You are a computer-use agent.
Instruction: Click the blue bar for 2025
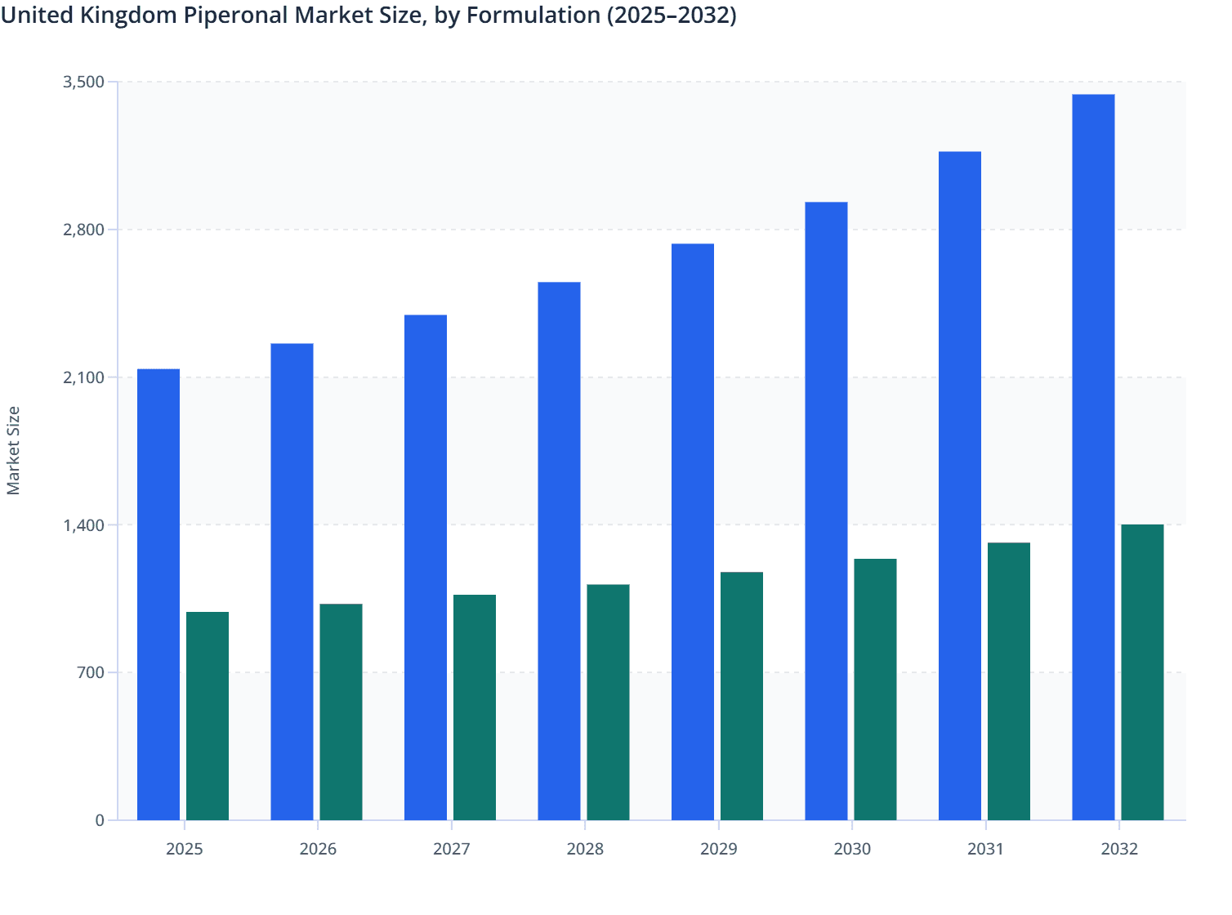(158, 595)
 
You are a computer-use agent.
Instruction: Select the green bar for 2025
(208, 716)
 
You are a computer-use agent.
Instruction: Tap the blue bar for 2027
(426, 568)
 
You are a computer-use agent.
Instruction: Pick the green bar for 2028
(609, 703)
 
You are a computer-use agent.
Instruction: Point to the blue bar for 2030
(826, 511)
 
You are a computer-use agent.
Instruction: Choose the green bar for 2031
(1009, 681)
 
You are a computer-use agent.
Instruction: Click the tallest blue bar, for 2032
(1093, 457)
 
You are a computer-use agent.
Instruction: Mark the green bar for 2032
(1142, 672)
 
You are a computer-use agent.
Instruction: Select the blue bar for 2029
(693, 532)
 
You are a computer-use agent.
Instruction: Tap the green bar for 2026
(341, 712)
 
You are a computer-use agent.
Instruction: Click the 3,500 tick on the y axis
(83, 82)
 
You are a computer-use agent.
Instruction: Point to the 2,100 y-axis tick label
(83, 377)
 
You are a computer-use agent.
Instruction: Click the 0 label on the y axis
(100, 820)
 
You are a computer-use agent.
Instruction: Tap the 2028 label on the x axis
(585, 849)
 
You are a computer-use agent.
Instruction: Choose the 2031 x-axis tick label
(986, 849)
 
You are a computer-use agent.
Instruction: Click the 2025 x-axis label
(185, 849)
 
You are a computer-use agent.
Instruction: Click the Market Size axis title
(14, 450)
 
